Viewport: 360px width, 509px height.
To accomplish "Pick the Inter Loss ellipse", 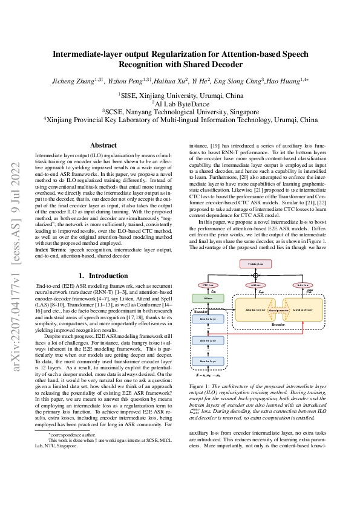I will click(x=303, y=285).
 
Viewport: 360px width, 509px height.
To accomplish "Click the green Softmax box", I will click(x=208, y=298).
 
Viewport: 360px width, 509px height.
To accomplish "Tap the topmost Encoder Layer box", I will click(x=208, y=318).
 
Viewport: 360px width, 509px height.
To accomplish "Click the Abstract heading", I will click(x=103, y=145).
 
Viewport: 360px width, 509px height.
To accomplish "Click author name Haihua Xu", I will click(x=171, y=80).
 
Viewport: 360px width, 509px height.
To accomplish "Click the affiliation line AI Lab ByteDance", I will click(x=180, y=103).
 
